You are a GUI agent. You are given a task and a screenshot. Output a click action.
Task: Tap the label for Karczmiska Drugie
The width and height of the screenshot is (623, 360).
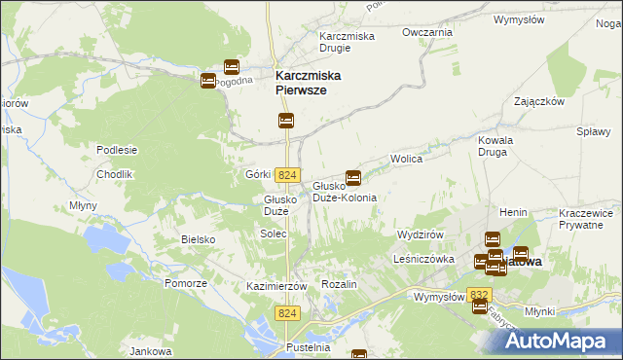coord(348,43)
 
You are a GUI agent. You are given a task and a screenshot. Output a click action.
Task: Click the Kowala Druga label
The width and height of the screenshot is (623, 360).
coord(495,146)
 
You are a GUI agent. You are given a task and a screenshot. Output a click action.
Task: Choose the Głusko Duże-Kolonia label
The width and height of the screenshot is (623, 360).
coord(344,191)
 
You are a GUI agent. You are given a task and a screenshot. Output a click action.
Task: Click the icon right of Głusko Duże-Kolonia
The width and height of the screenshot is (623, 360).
coord(353,177)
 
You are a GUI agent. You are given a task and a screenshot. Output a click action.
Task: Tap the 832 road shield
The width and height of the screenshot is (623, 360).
coord(478,293)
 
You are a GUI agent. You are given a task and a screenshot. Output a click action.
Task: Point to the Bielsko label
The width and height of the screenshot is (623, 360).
coord(198,238)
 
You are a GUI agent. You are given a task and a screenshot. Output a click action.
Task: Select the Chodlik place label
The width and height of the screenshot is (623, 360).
coord(114,174)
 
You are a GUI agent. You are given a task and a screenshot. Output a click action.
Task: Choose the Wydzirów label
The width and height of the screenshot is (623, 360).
coord(421,235)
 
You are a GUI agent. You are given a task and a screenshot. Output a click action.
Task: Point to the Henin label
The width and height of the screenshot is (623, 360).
coord(513,211)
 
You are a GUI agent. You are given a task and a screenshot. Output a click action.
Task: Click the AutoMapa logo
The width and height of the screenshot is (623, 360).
coord(558,340)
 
